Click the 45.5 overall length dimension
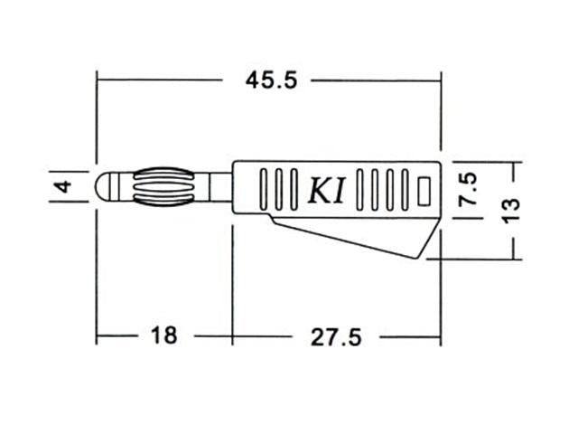pos(270,80)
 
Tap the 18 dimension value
pos(163,336)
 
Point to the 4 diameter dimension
pos(62,187)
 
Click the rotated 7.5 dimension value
pos(468,188)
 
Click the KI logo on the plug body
pos(327,188)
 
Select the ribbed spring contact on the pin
pos(158,186)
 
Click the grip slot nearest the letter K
pos(295,188)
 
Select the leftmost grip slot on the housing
pos(264,188)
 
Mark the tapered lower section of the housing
pos(361,235)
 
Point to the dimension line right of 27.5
pos(411,336)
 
